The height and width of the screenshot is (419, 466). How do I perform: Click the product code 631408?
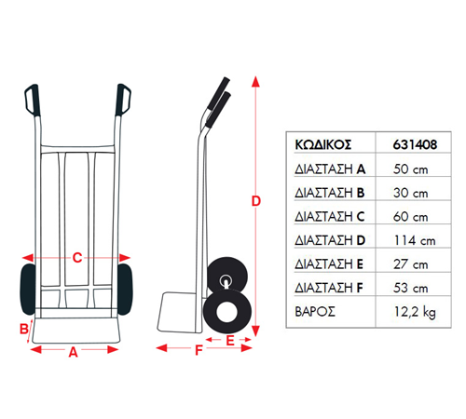[415, 144]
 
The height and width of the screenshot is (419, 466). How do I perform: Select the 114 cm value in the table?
[415, 240]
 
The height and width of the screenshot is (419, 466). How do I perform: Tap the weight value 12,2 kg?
[415, 312]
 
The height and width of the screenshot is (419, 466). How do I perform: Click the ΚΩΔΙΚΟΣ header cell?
[323, 145]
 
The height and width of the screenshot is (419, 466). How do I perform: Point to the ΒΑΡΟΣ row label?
[315, 312]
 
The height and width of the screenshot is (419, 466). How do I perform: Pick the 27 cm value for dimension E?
[411, 264]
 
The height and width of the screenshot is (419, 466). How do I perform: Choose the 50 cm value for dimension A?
[411, 169]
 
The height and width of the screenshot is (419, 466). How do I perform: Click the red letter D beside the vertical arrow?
[255, 201]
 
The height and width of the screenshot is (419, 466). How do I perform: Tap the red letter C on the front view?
[77, 258]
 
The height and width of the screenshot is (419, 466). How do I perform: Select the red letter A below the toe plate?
[73, 352]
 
